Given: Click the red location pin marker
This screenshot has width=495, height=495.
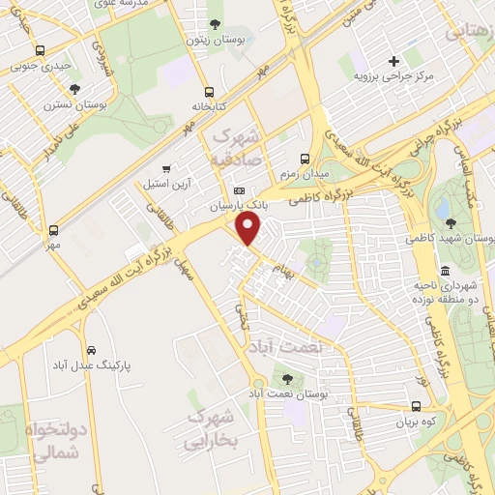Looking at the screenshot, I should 248,230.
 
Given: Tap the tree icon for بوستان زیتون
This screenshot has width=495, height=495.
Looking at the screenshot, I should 215,24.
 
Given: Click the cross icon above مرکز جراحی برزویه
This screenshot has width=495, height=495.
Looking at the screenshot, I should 393,61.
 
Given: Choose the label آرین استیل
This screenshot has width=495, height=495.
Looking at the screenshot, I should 166,183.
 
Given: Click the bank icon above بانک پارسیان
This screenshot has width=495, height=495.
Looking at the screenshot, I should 239,190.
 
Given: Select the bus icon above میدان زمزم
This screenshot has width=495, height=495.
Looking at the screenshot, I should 305,159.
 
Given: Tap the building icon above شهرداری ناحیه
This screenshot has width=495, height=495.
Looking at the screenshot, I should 444,271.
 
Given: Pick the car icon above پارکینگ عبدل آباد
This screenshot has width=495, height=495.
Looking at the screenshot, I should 90,350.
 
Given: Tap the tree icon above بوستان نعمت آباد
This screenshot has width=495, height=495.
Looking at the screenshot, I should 286,378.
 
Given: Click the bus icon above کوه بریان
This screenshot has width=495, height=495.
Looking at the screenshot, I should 416,407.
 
